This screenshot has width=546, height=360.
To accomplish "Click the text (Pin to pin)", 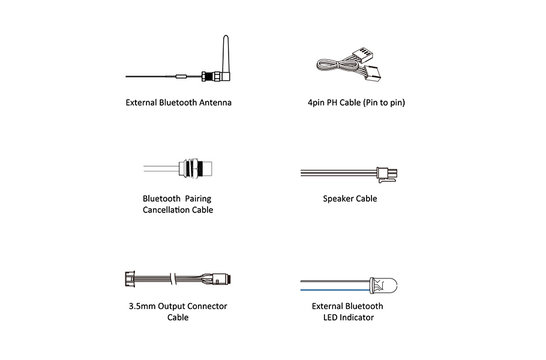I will click(x=387, y=102).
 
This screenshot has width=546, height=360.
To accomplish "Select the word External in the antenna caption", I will click(x=146, y=102).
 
